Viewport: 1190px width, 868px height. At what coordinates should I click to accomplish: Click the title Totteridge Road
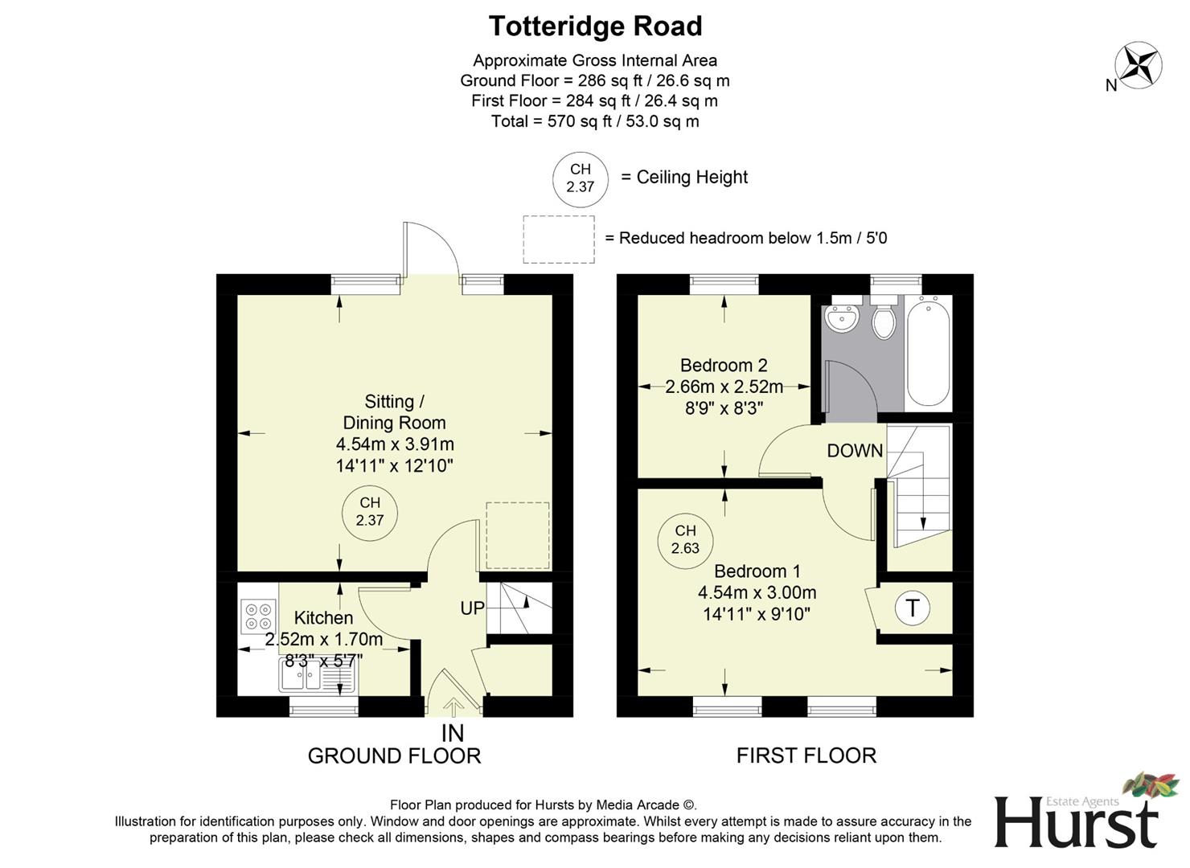point(595,27)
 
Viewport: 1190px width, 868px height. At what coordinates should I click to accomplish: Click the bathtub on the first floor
point(929,352)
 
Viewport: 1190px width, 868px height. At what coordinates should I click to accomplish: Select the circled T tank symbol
point(912,608)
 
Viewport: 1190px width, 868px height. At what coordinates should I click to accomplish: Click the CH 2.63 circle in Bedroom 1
point(685,539)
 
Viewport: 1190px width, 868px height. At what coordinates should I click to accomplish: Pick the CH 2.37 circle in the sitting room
point(370,511)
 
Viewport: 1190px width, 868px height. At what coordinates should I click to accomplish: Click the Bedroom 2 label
point(724,366)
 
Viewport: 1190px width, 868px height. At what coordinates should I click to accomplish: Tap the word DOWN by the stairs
point(855,451)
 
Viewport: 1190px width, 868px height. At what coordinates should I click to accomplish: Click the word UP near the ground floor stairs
point(472,608)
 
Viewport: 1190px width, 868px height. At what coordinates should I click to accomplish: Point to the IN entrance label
point(453,733)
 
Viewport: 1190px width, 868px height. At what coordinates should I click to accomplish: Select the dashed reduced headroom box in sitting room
point(518,535)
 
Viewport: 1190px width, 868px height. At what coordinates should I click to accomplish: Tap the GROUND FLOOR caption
point(394,756)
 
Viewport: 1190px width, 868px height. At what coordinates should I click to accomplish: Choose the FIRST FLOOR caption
point(806,756)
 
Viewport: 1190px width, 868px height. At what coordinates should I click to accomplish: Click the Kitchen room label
point(323,618)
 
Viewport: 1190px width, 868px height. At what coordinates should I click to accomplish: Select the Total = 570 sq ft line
point(595,121)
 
